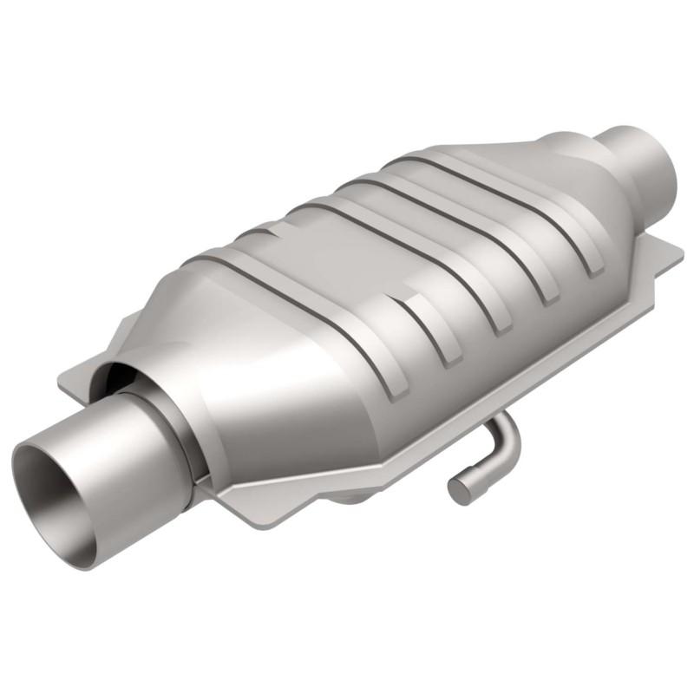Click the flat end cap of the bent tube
pos(459,489)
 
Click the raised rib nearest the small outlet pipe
pos(555,217)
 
